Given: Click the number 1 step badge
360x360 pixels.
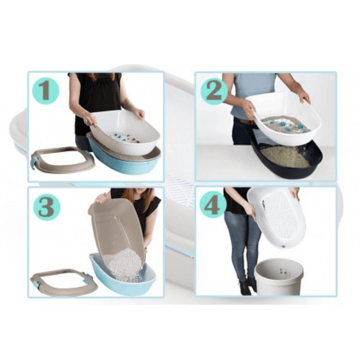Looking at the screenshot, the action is pyautogui.click(x=45, y=91).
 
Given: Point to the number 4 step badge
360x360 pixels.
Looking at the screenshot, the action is pyautogui.click(x=212, y=206).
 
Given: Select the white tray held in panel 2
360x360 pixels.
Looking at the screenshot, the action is pyautogui.click(x=287, y=119).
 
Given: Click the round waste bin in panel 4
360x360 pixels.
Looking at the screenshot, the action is pyautogui.click(x=279, y=277).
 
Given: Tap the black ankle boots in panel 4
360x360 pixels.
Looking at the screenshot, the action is pyautogui.click(x=248, y=287).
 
